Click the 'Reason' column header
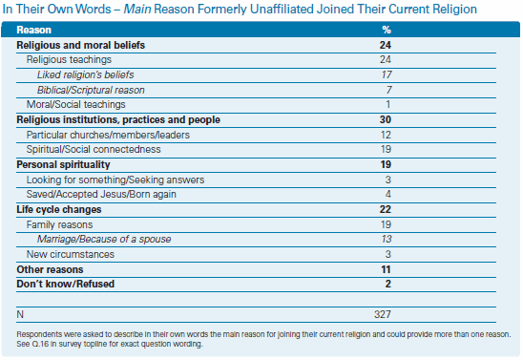[34, 30]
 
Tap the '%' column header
[387, 30]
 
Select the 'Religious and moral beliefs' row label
[81, 45]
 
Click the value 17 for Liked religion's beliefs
[387, 74]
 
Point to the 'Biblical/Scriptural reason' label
[91, 90]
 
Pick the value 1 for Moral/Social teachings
[387, 104]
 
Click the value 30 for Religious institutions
[386, 119]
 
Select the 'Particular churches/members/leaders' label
[108, 135]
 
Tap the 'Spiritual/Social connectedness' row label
[94, 149]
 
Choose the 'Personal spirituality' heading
[63, 164]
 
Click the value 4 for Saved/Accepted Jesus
[387, 194]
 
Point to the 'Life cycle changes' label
[59, 209]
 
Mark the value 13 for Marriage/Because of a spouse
[387, 239]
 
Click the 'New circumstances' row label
[71, 254]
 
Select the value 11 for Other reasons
[386, 269]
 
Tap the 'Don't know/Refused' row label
[65, 284]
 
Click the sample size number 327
[383, 314]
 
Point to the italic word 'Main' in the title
[137, 9]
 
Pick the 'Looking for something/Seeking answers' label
[115, 180]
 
